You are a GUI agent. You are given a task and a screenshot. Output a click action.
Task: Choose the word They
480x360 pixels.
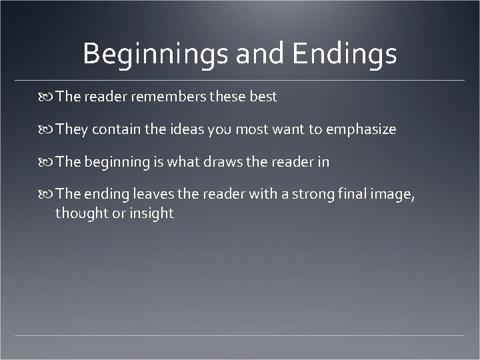(x=71, y=130)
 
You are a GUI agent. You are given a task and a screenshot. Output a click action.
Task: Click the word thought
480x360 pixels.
(x=80, y=214)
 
